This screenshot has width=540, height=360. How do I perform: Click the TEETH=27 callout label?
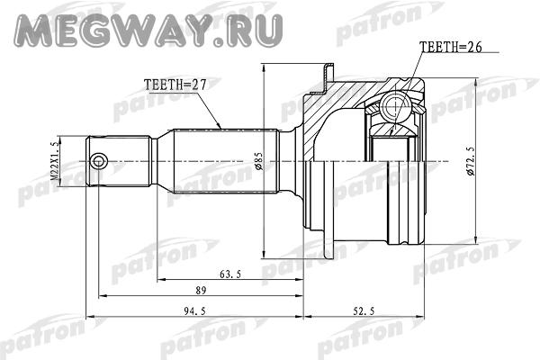pyautogui.click(x=175, y=85)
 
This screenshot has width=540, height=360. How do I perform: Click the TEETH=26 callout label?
pyautogui.click(x=451, y=47)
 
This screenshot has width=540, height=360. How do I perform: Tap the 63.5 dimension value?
pyautogui.click(x=230, y=274)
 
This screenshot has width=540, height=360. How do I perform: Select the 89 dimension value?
pyautogui.click(x=201, y=291)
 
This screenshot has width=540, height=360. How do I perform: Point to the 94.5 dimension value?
pyautogui.click(x=194, y=311)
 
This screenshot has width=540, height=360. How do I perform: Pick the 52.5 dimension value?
pyautogui.click(x=364, y=311)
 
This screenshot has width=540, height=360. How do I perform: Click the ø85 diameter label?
pyautogui.click(x=259, y=161)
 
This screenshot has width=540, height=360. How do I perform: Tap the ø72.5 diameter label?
pyautogui.click(x=471, y=161)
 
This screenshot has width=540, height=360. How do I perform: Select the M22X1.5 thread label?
pyautogui.click(x=54, y=161)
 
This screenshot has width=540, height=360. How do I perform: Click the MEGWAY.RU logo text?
pyautogui.click(x=148, y=31)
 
